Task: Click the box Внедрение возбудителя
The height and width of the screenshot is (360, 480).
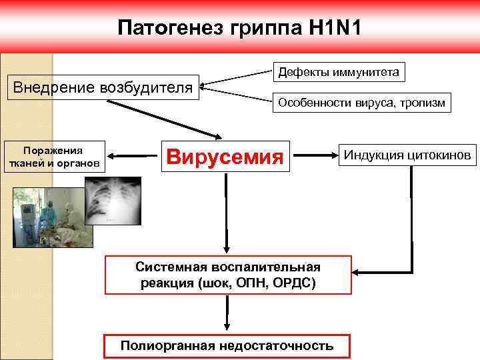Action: pos(103,87)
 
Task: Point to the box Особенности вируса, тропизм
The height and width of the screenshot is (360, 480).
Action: pos(361,103)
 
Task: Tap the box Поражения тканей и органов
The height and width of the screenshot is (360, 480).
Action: pos(53,157)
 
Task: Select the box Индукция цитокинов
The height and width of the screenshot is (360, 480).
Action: pos(407,155)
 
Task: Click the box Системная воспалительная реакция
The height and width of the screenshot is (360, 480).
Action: pos(228,275)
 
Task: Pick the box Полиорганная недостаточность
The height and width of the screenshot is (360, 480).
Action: pos(227,345)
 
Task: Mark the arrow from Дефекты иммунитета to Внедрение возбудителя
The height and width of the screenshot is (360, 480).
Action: pos(237,77)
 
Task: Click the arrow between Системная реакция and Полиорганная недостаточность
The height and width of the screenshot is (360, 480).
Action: pos(228,313)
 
